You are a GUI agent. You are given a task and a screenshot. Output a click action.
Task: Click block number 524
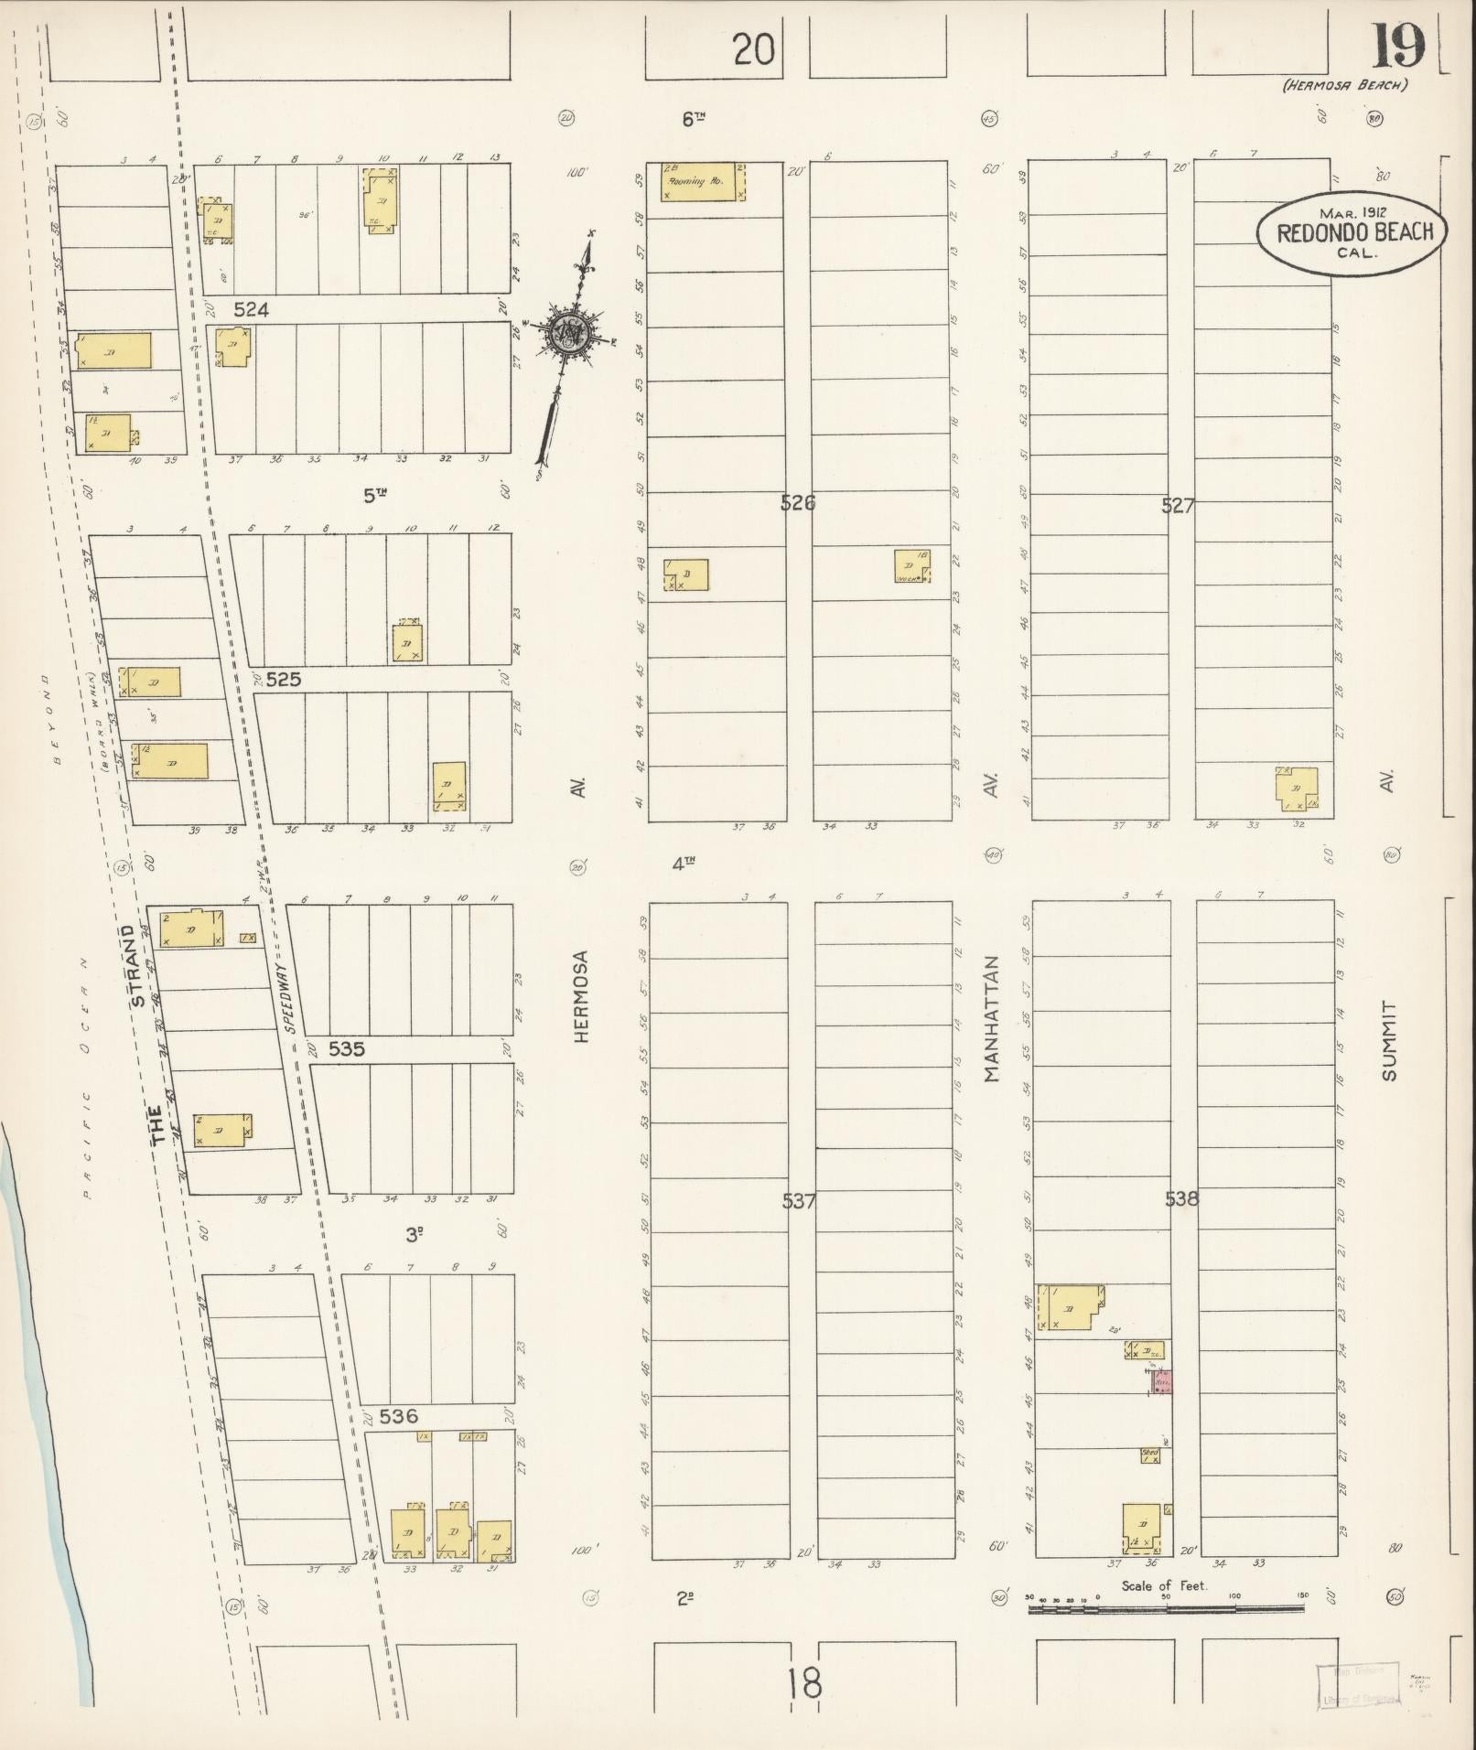point(251,310)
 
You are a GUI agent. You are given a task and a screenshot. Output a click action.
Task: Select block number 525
point(283,680)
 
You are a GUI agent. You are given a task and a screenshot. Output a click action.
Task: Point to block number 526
point(798,502)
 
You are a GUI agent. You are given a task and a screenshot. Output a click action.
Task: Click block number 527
point(1178,505)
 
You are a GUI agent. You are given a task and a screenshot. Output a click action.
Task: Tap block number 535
point(347,1048)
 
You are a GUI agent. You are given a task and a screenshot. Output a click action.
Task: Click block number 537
point(799,1201)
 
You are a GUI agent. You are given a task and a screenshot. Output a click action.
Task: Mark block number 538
point(1181,1198)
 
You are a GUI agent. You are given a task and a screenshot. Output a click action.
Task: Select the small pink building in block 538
point(1161,1380)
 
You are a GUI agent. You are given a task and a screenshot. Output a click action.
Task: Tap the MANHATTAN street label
point(992,1019)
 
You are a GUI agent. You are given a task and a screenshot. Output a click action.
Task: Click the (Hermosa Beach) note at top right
point(1344,85)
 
